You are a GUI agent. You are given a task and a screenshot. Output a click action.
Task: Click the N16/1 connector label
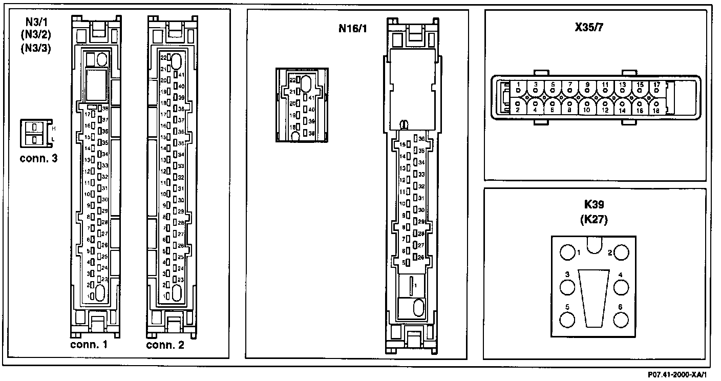tap(352, 28)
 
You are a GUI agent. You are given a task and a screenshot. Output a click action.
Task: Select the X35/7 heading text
tap(589, 28)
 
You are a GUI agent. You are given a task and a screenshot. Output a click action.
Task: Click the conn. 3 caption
tap(38, 158)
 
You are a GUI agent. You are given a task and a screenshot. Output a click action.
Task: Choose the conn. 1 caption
tap(89, 345)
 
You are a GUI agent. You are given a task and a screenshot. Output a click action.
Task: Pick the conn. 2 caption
tap(165, 345)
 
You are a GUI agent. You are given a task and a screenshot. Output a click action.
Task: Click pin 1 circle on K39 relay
tap(567, 253)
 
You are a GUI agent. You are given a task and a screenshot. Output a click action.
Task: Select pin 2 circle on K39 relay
tap(621, 253)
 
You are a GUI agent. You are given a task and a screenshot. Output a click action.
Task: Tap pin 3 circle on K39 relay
tap(567, 287)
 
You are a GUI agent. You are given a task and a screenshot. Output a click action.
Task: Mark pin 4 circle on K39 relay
tap(621, 287)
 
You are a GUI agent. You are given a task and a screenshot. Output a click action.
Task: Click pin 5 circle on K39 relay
tap(567, 320)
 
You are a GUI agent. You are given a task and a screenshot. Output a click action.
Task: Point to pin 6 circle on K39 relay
tap(621, 320)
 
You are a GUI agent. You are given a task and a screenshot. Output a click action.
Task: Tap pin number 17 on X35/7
tap(656, 84)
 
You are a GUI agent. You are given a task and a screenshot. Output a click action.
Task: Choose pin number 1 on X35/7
tap(518, 84)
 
